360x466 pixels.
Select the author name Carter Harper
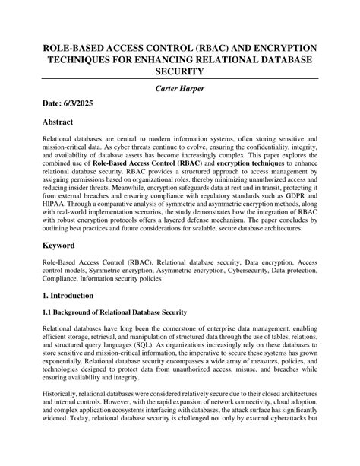click(x=179, y=89)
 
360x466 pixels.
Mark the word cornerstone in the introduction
click(x=189, y=329)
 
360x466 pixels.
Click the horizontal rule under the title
click(x=179, y=78)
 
